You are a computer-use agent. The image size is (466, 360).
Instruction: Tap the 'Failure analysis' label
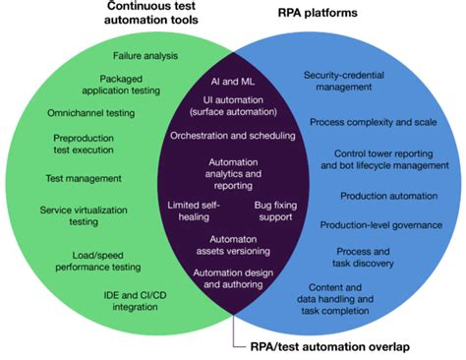(x=146, y=56)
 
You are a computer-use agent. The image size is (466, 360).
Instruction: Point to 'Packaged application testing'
(x=131, y=85)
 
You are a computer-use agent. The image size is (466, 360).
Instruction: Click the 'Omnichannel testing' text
(x=90, y=113)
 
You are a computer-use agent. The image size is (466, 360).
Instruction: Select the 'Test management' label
(x=84, y=178)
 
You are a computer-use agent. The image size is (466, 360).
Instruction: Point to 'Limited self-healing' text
(x=195, y=210)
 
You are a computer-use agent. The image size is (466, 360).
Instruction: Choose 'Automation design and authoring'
(x=231, y=279)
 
